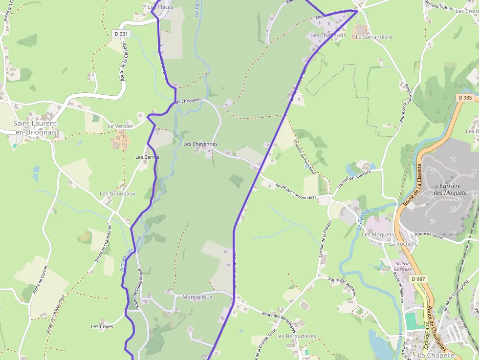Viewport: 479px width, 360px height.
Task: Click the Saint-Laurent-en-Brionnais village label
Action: click(36, 127)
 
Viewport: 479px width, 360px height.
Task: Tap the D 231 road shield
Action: click(121, 34)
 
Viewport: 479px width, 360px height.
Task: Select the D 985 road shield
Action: click(465, 98)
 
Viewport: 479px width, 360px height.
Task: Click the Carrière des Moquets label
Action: click(450, 189)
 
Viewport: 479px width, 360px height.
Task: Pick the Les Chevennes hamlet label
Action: click(200, 144)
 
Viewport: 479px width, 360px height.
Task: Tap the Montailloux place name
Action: click(197, 297)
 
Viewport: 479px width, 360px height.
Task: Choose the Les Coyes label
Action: click(102, 326)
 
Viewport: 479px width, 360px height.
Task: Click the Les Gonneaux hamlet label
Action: click(117, 193)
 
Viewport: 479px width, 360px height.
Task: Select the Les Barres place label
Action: click(147, 157)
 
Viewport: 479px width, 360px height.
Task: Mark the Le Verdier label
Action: click(120, 126)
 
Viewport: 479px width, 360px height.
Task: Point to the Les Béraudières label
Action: click(296, 336)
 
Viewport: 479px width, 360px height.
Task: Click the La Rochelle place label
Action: click(403, 243)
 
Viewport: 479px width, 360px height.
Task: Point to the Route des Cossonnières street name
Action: click(296, 192)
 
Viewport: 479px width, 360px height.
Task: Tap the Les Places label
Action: click(160, 7)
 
